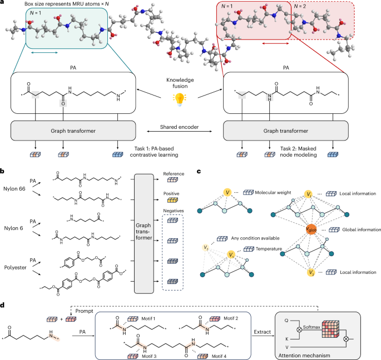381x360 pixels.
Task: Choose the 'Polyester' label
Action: [x=13, y=265]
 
